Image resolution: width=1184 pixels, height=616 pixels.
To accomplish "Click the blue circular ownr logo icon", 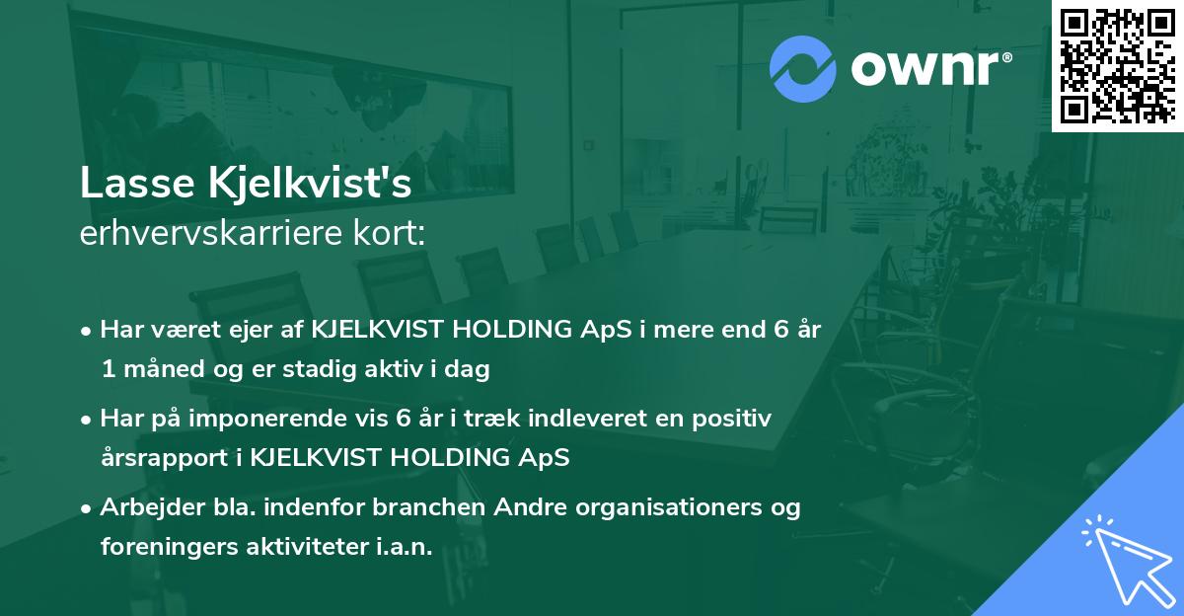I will (802, 69).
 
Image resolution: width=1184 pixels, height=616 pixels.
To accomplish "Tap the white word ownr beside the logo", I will (923, 69).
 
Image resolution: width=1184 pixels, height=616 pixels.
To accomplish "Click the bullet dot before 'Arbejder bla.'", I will (88, 508).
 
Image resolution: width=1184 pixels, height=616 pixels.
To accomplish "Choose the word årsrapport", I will (157, 459).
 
